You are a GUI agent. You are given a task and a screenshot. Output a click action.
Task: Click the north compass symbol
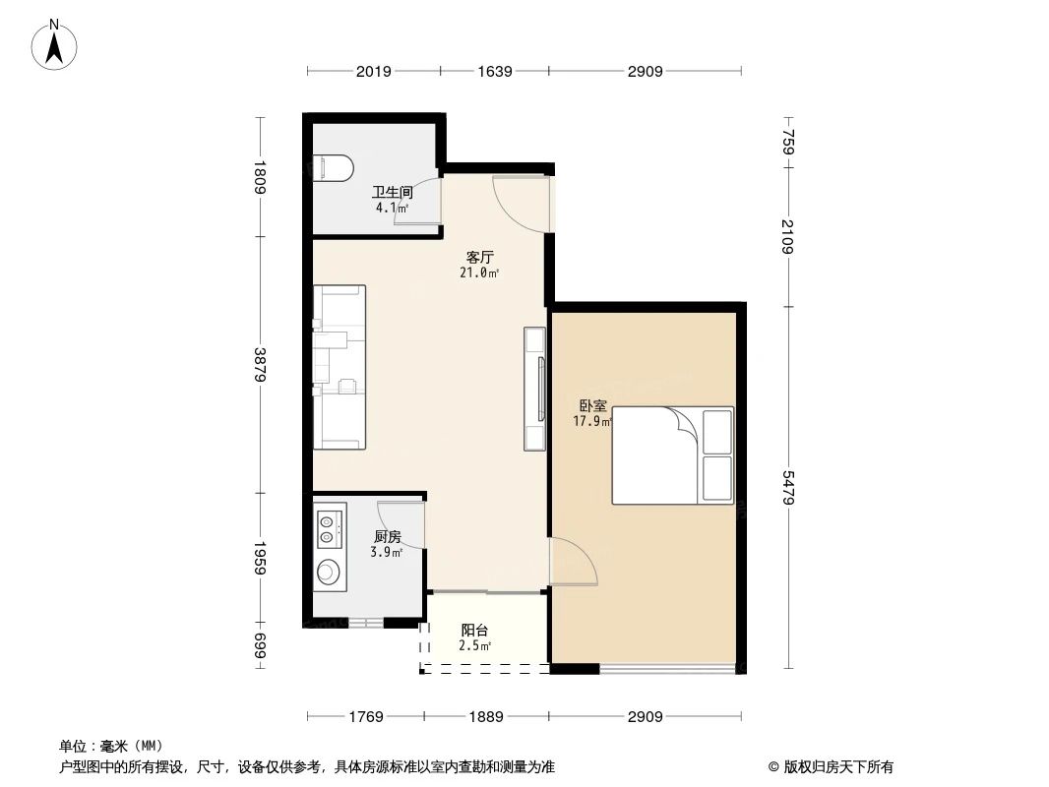(55, 44)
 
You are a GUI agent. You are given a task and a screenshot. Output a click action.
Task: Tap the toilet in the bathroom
(332, 168)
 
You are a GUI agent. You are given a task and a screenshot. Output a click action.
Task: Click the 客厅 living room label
(479, 258)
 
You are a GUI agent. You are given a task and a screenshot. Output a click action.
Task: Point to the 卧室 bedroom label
(592, 405)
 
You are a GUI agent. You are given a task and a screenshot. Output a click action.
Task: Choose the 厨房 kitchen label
(387, 537)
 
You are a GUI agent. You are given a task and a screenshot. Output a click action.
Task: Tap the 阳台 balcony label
(474, 631)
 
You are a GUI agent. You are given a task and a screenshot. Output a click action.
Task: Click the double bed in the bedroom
(672, 455)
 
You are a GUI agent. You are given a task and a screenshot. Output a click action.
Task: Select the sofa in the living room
(339, 367)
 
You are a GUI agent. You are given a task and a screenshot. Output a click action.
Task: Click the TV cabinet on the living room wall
(535, 389)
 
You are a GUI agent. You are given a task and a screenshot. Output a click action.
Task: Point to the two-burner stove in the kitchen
(329, 525)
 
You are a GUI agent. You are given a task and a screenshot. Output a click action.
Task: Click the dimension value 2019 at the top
(374, 71)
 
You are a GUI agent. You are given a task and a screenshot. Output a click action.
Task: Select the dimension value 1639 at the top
(494, 71)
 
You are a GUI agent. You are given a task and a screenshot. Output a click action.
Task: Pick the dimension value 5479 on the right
(787, 487)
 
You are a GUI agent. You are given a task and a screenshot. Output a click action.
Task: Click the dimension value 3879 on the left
(260, 365)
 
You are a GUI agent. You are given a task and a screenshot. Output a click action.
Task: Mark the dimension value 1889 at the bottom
(484, 716)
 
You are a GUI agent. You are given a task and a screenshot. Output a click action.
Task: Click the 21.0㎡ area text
(479, 272)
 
